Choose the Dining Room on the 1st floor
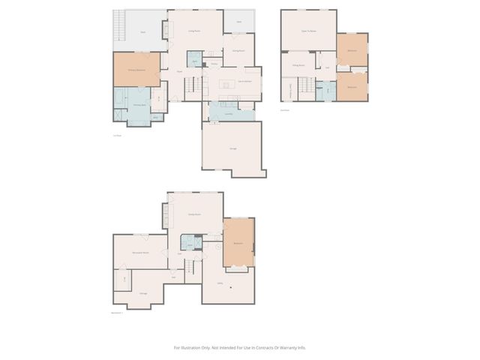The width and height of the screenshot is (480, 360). pyautogui.click(x=238, y=50)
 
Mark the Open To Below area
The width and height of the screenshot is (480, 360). pyautogui.click(x=307, y=30)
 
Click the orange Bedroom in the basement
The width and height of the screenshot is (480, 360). pyautogui.click(x=239, y=243)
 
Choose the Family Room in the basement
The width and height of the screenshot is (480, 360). pyautogui.click(x=194, y=214)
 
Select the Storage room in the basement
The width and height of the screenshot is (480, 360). pyautogui.click(x=142, y=292)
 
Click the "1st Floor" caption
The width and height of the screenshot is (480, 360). pyautogui.click(x=116, y=135)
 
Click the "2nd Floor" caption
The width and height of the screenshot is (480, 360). pyautogui.click(x=284, y=109)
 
